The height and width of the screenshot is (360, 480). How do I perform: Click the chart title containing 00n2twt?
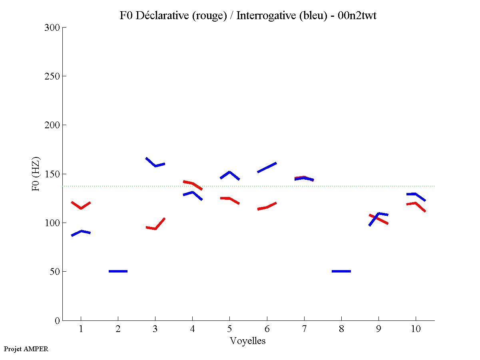(248, 16)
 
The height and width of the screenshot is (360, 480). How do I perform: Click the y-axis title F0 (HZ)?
(36, 173)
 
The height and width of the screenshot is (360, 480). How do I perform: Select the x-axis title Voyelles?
(248, 341)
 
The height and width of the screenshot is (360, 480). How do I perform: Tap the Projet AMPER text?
(26, 349)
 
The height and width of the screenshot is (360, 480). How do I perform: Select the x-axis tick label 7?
(304, 329)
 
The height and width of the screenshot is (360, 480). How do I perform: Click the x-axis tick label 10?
(416, 329)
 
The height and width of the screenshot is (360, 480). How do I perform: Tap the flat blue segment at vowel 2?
(118, 271)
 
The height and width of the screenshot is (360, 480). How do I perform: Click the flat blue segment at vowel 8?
(341, 271)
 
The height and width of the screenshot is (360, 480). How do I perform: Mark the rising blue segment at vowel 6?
(267, 167)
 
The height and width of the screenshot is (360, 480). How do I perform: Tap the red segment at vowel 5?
(229, 198)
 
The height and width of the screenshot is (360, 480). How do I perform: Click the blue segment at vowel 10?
(416, 194)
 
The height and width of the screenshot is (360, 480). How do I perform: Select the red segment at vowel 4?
(193, 184)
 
